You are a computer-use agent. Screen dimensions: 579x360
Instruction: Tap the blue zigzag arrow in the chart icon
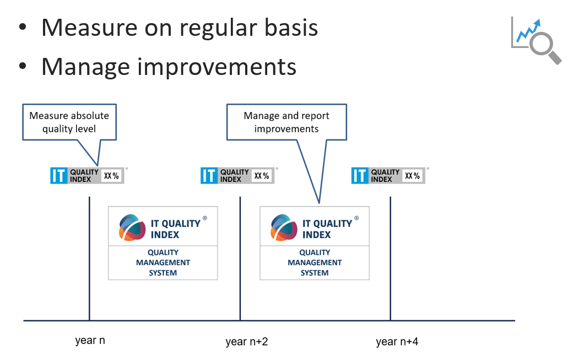[x=528, y=31]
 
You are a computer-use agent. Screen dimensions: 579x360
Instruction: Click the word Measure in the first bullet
[x=90, y=28]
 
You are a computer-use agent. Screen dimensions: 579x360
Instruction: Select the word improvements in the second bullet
[x=217, y=67]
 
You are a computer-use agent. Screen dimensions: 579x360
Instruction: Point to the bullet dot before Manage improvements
[x=23, y=66]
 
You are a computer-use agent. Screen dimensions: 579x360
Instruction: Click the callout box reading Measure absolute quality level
[x=69, y=122]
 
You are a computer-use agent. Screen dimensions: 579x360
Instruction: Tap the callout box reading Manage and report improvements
[x=286, y=122]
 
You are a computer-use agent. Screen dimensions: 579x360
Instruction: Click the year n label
[x=90, y=340]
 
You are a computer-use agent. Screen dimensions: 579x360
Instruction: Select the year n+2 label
[x=247, y=341]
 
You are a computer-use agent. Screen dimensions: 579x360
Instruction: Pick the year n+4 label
[x=397, y=341]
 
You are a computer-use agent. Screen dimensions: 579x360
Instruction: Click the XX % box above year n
[x=111, y=176]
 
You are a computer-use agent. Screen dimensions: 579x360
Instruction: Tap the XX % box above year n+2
[x=262, y=176]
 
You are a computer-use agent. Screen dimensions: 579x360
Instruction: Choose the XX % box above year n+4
[x=413, y=176]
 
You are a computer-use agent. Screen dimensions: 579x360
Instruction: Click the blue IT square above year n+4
[x=360, y=175]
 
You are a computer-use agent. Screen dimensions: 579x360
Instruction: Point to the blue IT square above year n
[x=59, y=175]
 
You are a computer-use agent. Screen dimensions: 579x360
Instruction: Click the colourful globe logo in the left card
[x=132, y=227]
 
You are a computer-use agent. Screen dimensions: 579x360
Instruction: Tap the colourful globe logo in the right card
[x=284, y=227]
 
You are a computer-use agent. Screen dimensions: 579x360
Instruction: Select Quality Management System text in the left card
[x=163, y=262]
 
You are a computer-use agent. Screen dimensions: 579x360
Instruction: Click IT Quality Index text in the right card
[x=327, y=229]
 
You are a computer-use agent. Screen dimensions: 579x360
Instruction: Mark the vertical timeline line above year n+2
[x=240, y=259]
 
